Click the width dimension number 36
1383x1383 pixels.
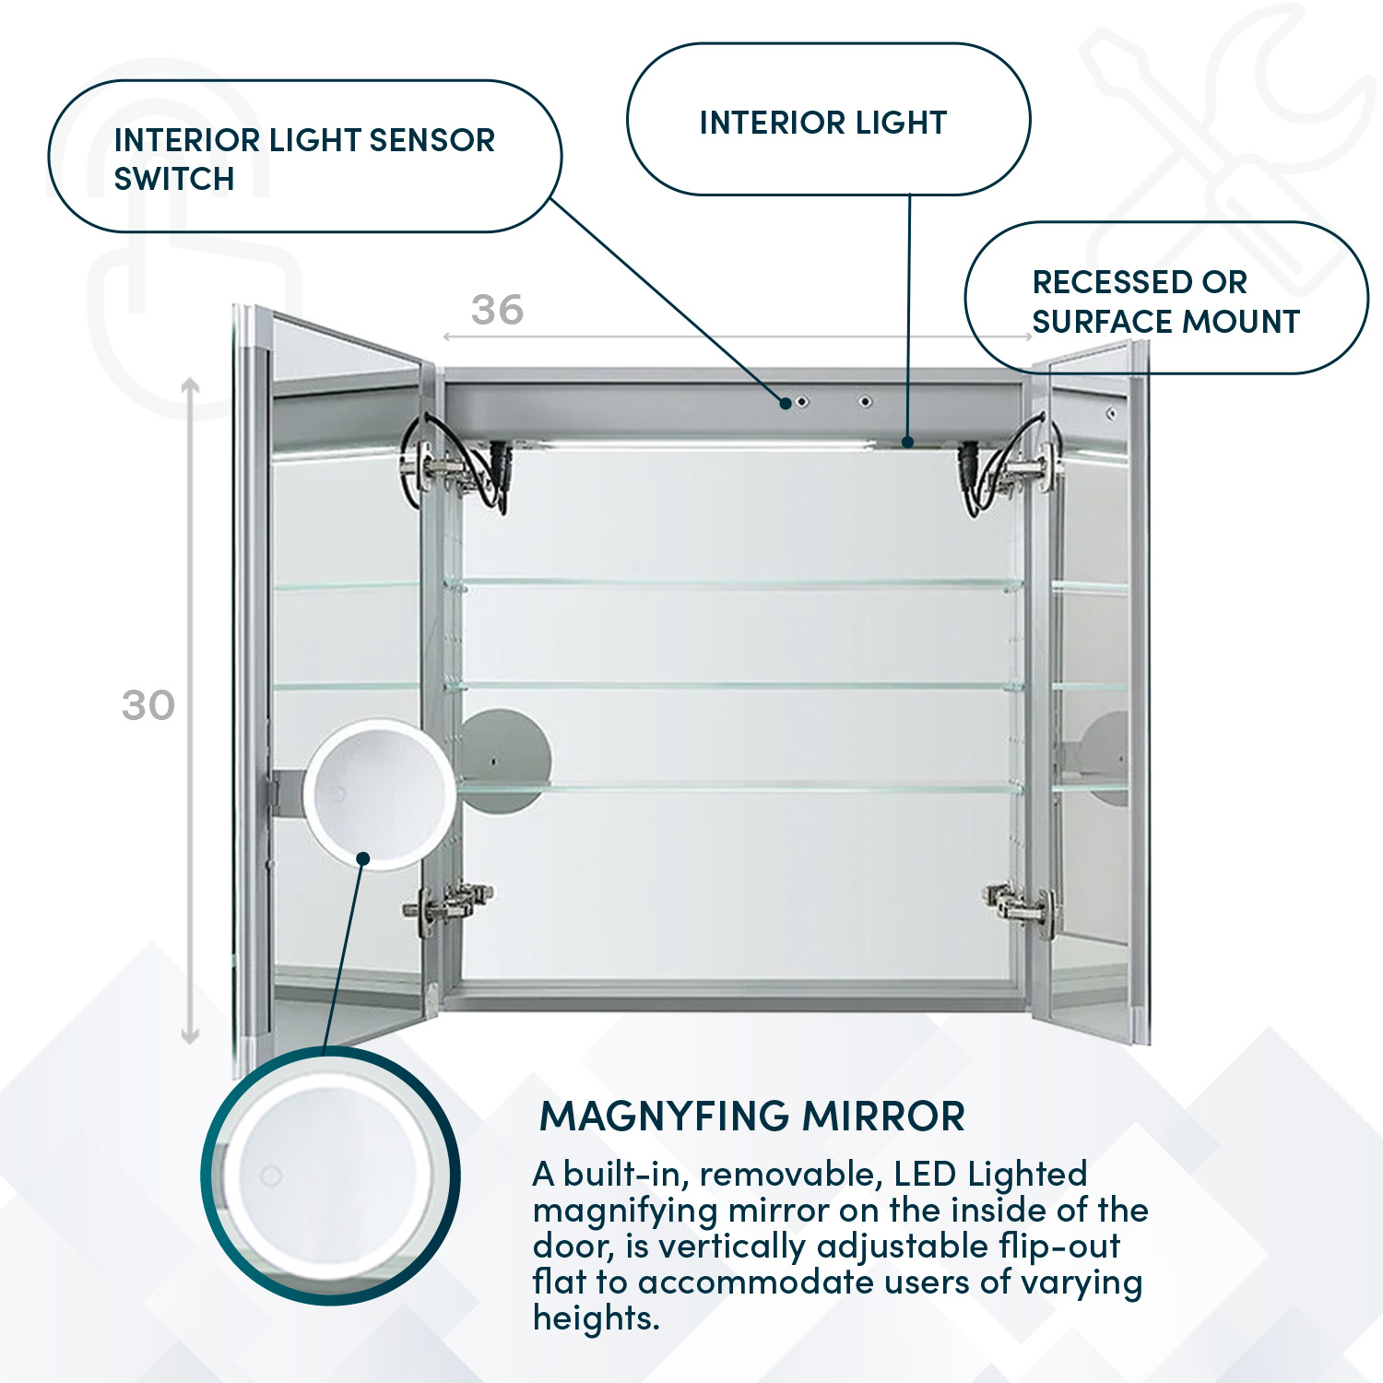coord(497,310)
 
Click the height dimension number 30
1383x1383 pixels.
coord(148,705)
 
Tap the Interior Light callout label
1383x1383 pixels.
coord(823,123)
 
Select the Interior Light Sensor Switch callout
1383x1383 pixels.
coord(304,157)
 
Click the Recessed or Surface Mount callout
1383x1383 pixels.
coord(1165,301)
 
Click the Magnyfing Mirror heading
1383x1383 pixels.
coord(752,1117)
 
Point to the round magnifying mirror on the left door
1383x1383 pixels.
coord(379,794)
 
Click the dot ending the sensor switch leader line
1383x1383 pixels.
coord(786,403)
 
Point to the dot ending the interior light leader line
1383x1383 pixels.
coord(908,443)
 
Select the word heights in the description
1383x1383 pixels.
coord(596,1318)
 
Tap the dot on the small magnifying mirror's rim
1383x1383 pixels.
coord(363,858)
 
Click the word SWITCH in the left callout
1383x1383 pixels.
coord(174,178)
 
